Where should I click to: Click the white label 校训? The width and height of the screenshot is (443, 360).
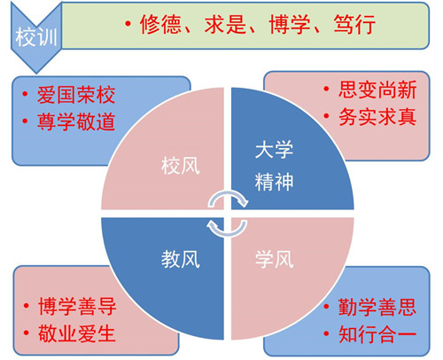coord(36,37)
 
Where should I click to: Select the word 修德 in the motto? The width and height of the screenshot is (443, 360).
coord(160,24)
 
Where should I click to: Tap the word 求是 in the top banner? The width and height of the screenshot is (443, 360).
coord(225,24)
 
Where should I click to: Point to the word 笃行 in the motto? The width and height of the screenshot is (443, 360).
coord(354,24)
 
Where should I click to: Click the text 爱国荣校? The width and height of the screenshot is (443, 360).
coord(76,95)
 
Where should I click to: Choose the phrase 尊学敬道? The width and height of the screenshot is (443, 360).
coord(76,121)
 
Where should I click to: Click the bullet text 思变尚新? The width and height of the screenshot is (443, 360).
coord(377,90)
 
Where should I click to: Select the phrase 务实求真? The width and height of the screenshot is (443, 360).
coord(377,116)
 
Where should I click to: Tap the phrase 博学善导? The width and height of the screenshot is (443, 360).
coord(77,307)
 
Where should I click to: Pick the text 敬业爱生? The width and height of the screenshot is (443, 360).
coord(77,333)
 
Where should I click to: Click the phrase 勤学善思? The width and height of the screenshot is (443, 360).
coord(377,307)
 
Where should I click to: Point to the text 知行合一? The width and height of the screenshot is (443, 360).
coord(377,334)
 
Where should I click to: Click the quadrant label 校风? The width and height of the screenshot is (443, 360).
coord(181,166)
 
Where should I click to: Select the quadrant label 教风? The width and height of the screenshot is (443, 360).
coord(181,259)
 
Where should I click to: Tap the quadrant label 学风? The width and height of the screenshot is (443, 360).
coord(275,259)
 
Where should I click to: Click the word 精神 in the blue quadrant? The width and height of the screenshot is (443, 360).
coord(275,182)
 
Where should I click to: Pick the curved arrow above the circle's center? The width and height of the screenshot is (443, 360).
coord(228,193)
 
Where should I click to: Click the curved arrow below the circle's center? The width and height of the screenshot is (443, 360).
coord(228,234)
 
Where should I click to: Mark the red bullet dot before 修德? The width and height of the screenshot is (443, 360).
coord(128,24)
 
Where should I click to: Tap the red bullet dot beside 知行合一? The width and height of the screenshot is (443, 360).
coord(326,333)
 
